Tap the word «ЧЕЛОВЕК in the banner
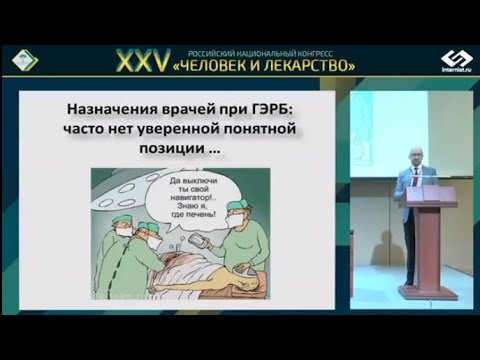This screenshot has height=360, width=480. [231, 65]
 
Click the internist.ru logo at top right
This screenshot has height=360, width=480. [456, 59]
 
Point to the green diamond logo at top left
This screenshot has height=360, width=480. [25, 60]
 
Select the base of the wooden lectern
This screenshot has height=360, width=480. [428, 292]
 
